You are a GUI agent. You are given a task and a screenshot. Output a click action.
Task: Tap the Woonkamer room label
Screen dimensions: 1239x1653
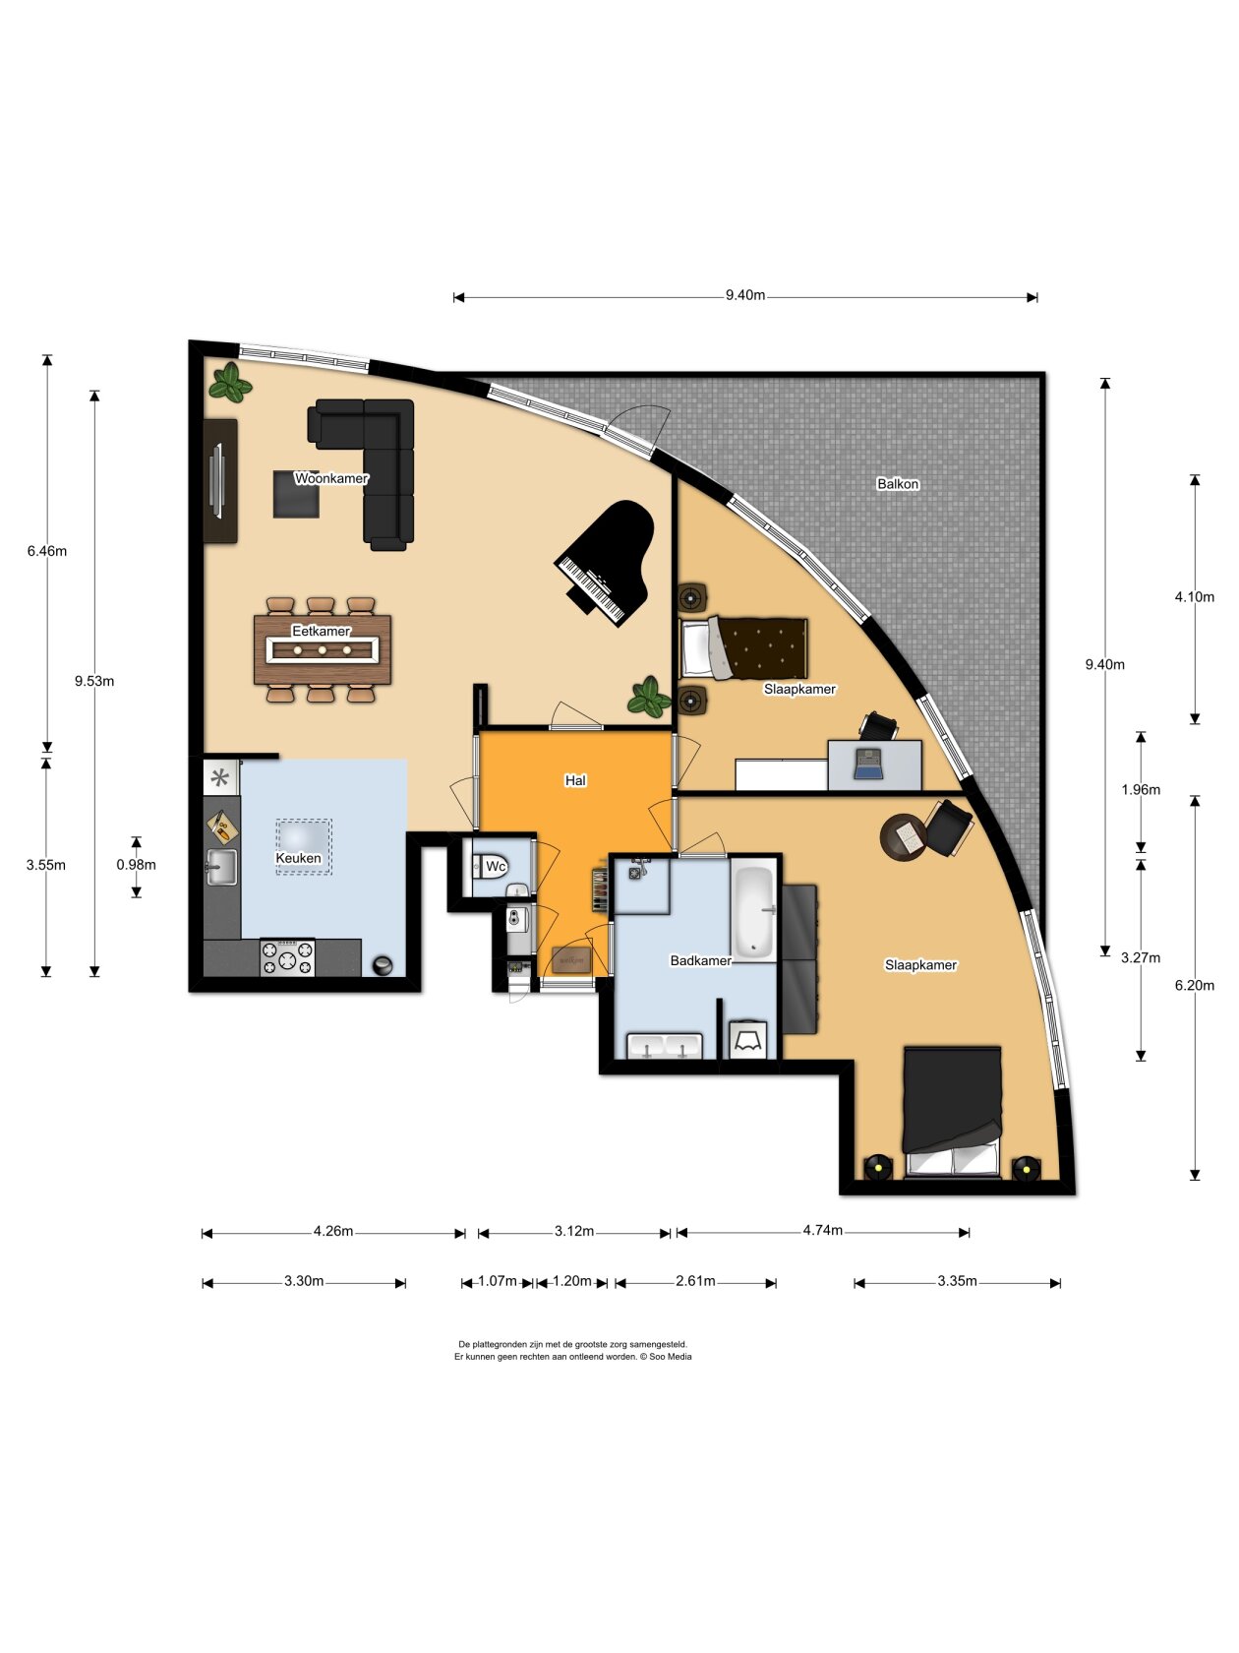pos(331,478)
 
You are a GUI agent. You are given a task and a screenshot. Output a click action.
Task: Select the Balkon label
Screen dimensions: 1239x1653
pos(898,483)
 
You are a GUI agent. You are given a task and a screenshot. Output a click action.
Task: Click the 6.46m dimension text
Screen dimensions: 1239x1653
pos(47,550)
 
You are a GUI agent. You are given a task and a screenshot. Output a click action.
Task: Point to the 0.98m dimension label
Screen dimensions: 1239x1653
pos(136,865)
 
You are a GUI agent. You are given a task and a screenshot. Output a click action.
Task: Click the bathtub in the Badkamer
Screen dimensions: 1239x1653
pos(753,912)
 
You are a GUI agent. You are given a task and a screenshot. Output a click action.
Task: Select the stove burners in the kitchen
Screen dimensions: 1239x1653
pos(287,958)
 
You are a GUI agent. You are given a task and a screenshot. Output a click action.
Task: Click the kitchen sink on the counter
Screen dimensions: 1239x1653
pos(222,867)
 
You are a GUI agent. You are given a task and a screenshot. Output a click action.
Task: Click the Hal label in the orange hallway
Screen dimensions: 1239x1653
pos(575,780)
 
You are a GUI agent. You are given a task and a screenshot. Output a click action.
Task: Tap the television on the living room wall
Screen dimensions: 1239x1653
pos(218,481)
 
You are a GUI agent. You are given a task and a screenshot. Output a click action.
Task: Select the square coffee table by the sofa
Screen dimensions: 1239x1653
pos(296,494)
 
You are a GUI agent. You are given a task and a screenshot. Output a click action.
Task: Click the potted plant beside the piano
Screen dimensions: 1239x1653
pos(648,696)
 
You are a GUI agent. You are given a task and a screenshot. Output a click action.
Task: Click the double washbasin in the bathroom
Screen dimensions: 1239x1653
pos(665,1047)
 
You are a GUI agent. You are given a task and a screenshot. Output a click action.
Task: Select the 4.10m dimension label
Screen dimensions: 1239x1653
pos(1194,596)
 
